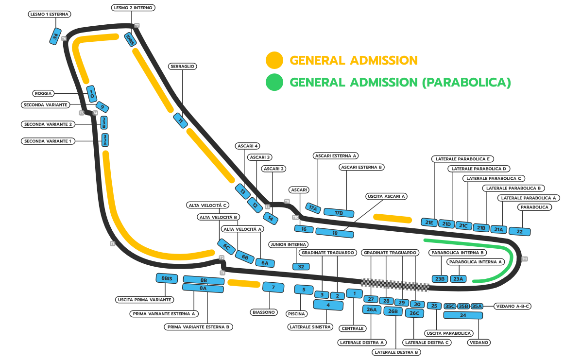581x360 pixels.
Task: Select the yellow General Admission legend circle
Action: coord(274,60)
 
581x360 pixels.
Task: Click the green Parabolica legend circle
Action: coord(274,82)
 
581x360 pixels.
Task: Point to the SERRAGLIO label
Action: coord(182,66)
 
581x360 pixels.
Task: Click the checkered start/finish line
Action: coord(395,285)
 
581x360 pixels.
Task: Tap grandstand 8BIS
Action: coord(167,278)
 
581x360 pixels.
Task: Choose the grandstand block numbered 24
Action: coord(463,315)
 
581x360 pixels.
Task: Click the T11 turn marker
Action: coord(525,259)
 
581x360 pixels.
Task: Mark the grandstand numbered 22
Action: coord(519,232)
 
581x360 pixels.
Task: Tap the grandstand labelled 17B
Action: coord(339,212)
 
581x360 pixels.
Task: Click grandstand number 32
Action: coord(301,266)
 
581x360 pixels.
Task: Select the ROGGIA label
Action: coord(43,93)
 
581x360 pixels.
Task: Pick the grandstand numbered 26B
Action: coord(393,311)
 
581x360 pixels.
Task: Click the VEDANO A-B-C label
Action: coord(513,307)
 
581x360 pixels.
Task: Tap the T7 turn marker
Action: coord(137,25)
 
